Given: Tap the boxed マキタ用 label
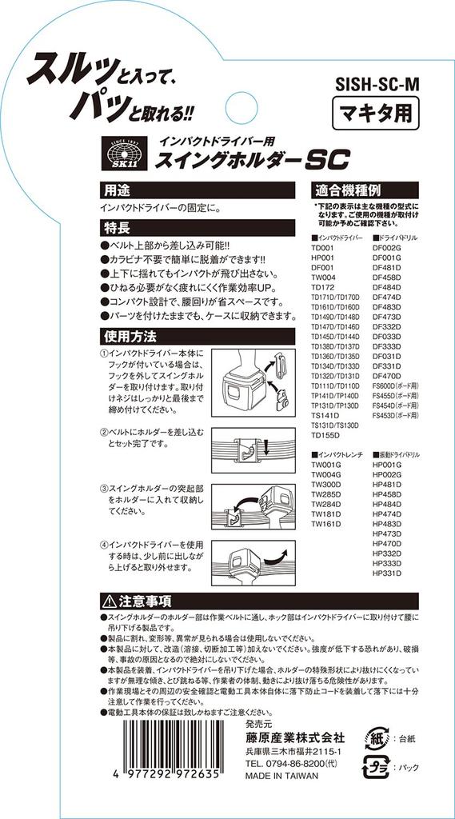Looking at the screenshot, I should (374, 112).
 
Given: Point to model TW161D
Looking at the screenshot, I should (325, 525).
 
